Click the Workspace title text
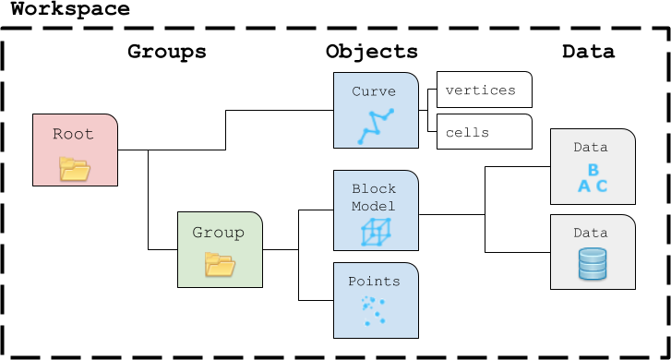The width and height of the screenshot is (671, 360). coord(70,9)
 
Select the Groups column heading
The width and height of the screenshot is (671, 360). coord(167,52)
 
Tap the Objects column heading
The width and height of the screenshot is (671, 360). coord(371,52)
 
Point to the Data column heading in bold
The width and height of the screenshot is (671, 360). coord(589,52)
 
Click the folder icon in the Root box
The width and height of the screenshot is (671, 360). coord(75,169)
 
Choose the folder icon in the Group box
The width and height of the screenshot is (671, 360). coord(220,264)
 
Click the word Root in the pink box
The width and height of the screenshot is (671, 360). coord(73,134)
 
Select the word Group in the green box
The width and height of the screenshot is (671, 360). coord(218,233)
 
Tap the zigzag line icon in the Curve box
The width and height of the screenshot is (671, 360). coord(376,126)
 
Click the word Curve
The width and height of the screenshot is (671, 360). coord(374,91)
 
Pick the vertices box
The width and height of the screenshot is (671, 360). coord(485,90)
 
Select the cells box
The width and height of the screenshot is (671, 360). coord(485,131)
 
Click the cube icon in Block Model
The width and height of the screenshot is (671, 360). coord(376,232)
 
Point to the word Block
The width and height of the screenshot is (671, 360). coord(374,189)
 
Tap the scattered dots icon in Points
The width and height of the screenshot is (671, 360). coord(374,311)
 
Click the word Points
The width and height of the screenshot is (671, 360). coord(374,282)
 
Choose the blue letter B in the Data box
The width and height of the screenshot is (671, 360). coord(593,170)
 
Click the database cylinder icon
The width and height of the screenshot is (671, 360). coord(593,264)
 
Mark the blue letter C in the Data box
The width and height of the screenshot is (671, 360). coord(602,186)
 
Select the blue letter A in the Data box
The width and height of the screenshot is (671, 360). coord(584,186)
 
